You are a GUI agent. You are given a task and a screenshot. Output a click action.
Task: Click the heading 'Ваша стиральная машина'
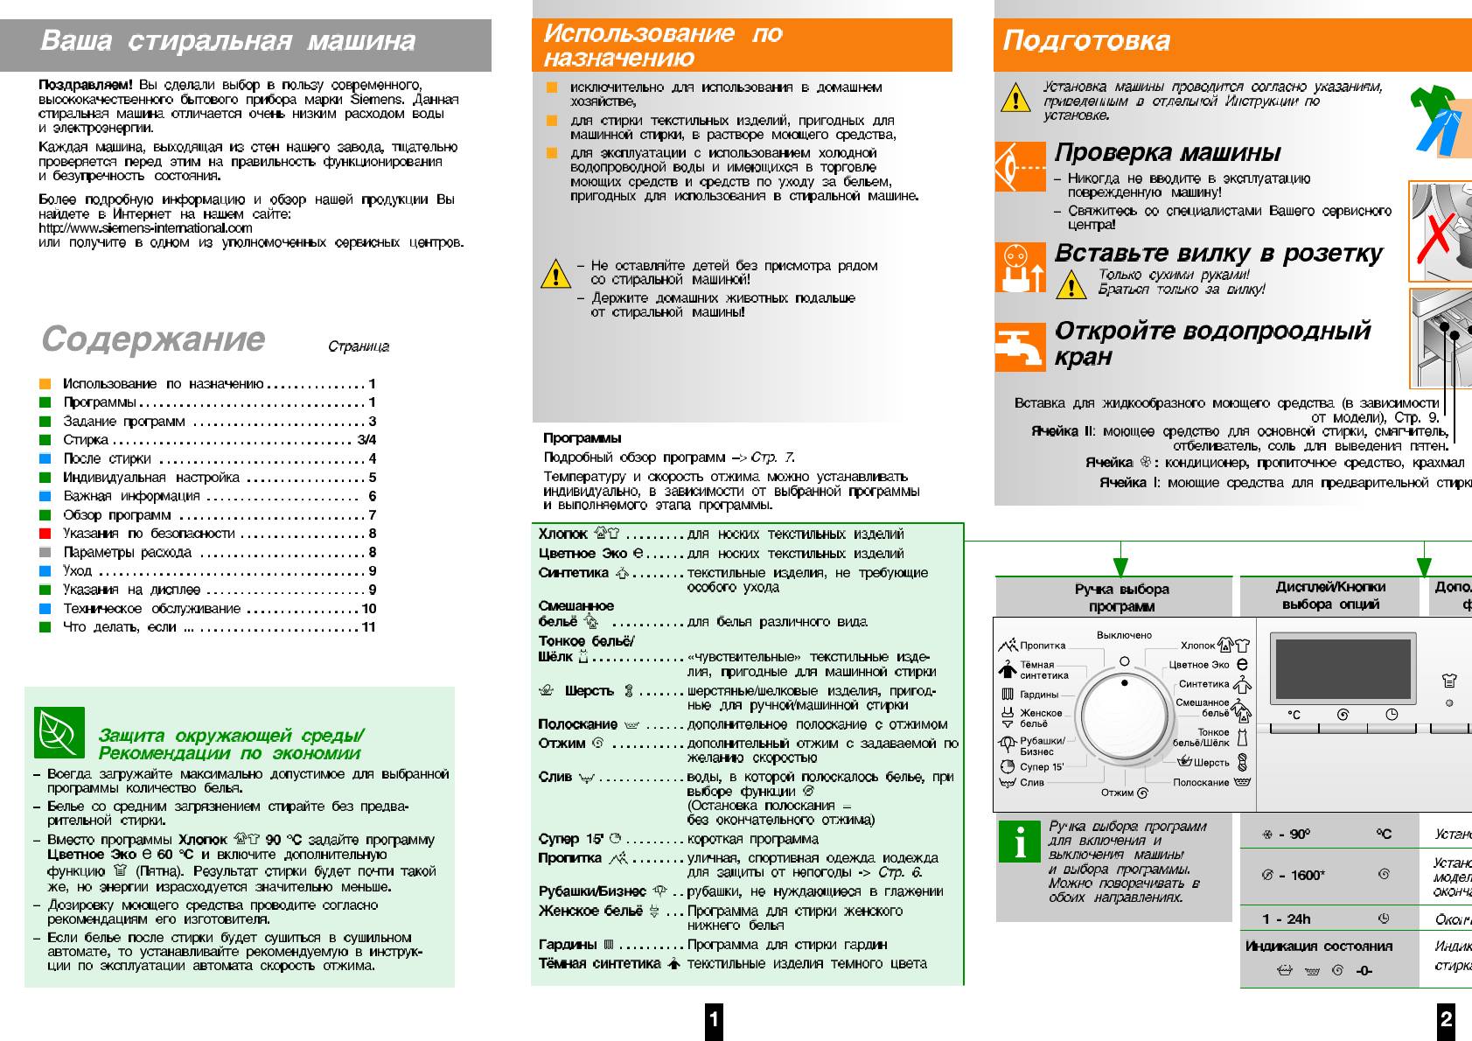click(x=227, y=41)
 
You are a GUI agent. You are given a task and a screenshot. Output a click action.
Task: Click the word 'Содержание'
click(x=153, y=339)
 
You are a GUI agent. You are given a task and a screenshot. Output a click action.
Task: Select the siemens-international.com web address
click(x=145, y=228)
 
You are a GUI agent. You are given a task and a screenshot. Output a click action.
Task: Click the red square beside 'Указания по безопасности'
click(x=45, y=534)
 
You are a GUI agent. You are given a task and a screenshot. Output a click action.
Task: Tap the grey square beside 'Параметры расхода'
click(x=45, y=553)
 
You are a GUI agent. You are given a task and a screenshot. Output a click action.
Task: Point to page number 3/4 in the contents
click(x=366, y=440)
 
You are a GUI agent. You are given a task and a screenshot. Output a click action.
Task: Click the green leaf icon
click(x=59, y=733)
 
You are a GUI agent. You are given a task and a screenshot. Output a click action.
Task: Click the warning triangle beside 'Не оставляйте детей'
click(x=555, y=275)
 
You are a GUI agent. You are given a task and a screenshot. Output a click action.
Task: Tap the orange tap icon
click(x=1020, y=347)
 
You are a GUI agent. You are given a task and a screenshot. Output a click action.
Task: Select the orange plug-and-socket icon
click(x=1020, y=267)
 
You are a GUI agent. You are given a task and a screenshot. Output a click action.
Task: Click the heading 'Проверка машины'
click(x=1167, y=152)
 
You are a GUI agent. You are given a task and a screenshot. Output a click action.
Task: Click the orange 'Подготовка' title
click(x=1085, y=41)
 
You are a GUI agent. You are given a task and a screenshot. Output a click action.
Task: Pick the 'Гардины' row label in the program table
click(x=568, y=945)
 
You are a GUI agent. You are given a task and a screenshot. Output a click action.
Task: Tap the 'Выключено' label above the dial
click(x=1124, y=635)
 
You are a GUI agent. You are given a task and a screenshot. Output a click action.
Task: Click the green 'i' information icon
click(x=1020, y=843)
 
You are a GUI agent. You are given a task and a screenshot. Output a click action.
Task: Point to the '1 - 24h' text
click(x=1286, y=919)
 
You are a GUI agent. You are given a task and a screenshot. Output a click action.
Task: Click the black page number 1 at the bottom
click(x=714, y=1019)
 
